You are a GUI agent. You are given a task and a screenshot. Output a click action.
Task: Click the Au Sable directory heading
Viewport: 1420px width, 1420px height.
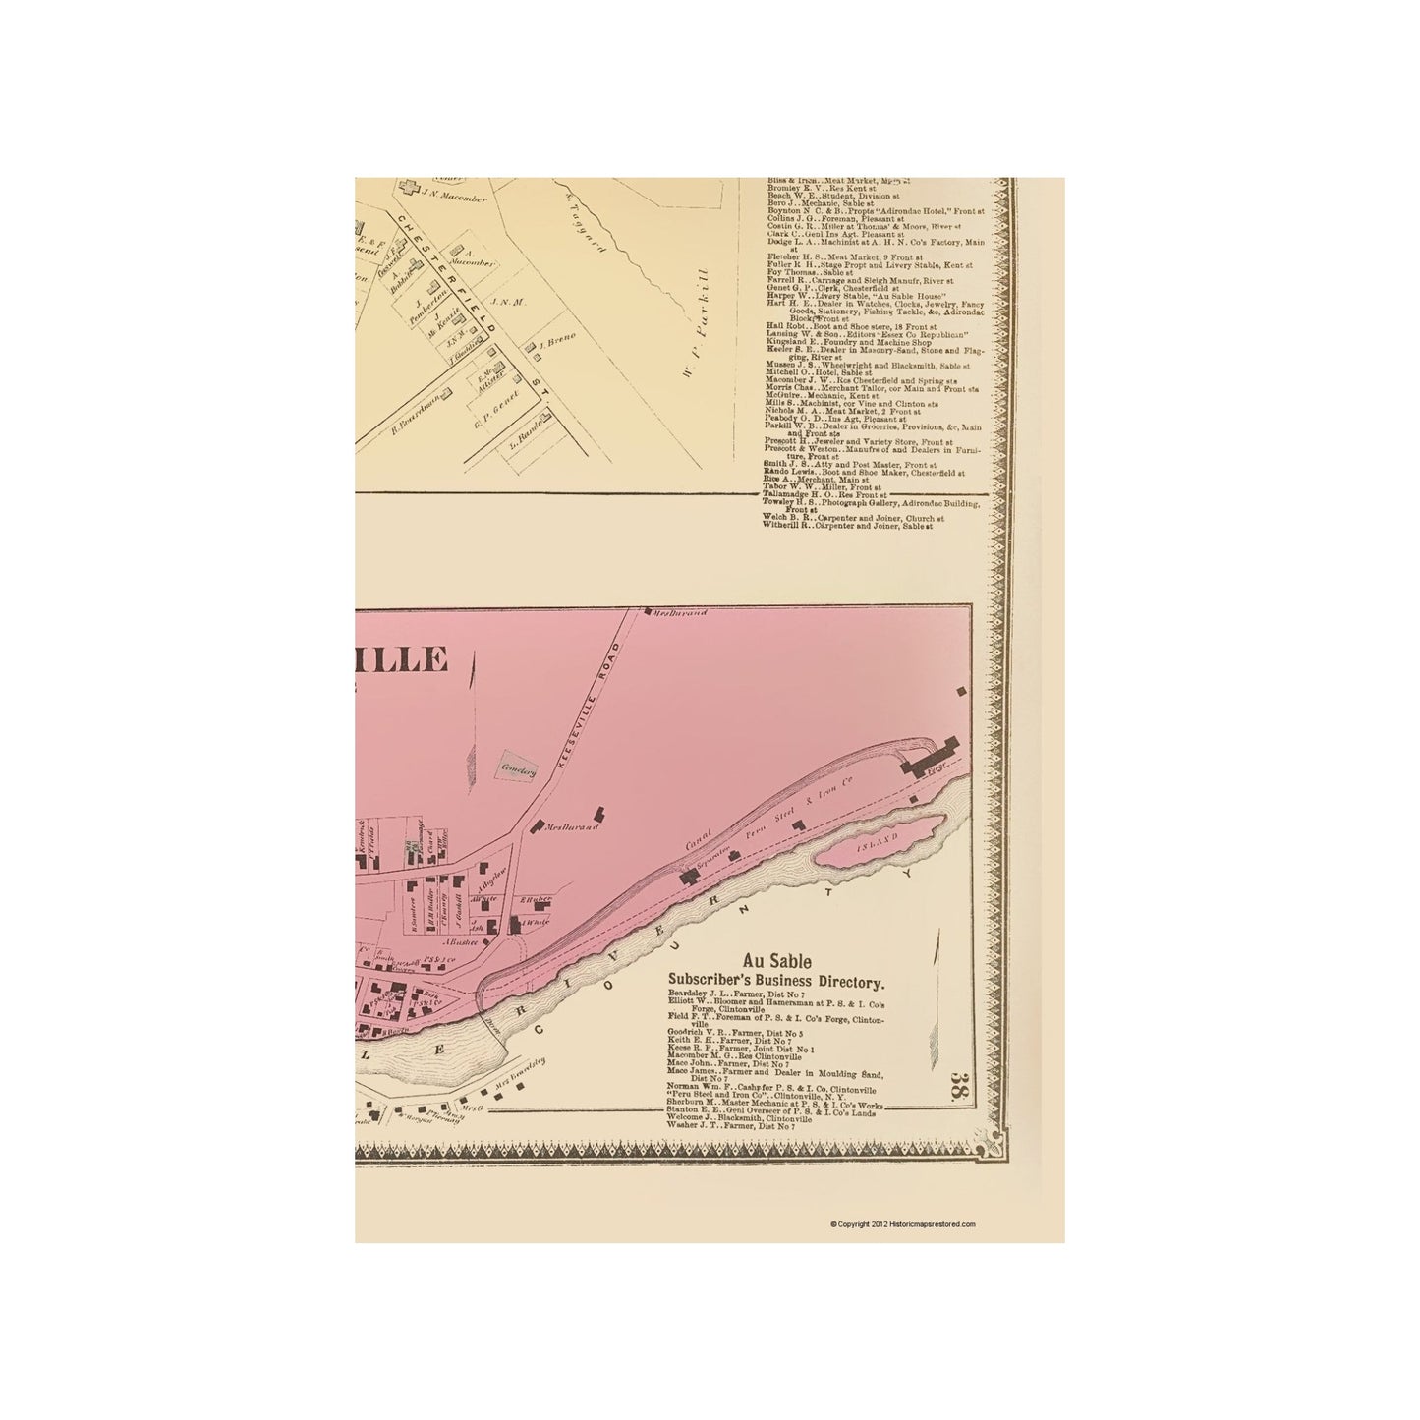tap(776, 964)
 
